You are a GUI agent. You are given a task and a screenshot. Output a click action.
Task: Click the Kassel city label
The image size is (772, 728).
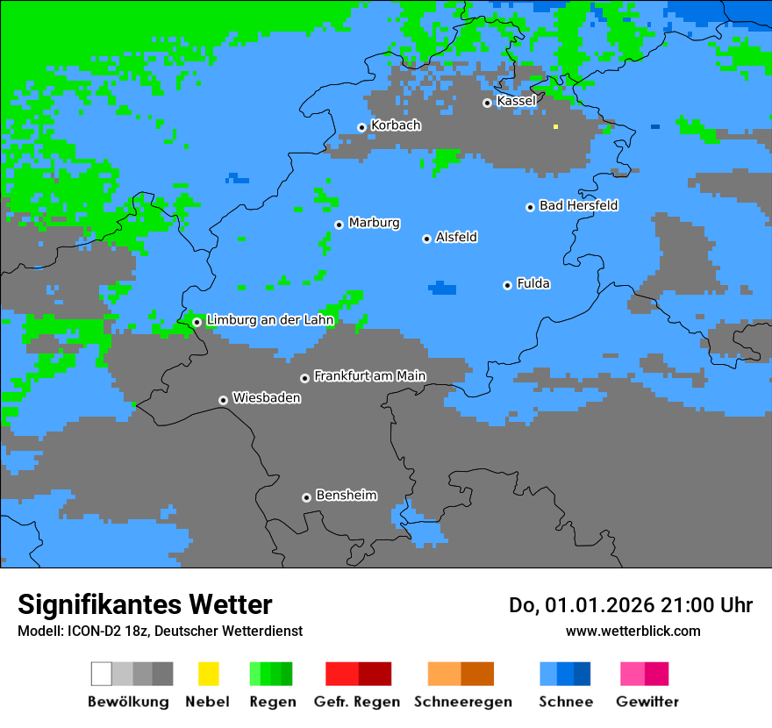click(516, 101)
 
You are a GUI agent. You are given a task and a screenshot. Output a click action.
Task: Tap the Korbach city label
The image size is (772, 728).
click(396, 125)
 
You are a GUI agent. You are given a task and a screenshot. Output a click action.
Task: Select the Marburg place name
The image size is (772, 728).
click(374, 223)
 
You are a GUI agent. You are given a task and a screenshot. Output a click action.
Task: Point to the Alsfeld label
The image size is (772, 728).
click(456, 237)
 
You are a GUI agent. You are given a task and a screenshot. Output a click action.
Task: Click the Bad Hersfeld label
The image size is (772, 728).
click(578, 205)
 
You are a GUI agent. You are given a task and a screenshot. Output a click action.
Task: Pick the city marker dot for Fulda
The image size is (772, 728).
click(507, 285)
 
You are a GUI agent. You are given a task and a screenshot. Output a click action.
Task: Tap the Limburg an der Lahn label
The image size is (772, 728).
click(269, 320)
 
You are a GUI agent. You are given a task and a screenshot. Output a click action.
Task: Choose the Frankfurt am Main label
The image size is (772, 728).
click(369, 375)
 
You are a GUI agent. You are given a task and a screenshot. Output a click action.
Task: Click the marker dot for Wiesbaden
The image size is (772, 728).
click(223, 400)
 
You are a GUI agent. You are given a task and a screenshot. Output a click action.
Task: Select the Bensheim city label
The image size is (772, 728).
click(346, 496)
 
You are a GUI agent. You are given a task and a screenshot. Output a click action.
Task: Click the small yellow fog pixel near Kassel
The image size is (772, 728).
click(555, 127)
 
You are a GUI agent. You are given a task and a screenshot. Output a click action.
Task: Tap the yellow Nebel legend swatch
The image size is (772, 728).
click(208, 674)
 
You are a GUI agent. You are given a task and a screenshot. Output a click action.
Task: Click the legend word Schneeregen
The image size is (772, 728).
click(463, 702)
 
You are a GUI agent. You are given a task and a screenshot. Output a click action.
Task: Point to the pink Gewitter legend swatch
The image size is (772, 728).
click(633, 674)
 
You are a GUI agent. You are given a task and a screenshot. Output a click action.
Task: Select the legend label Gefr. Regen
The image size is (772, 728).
click(357, 702)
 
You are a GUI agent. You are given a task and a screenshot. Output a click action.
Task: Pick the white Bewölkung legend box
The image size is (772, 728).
click(102, 674)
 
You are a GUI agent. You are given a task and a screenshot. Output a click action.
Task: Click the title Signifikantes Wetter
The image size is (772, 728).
click(145, 604)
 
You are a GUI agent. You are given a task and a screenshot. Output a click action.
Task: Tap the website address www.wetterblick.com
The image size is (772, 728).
click(633, 631)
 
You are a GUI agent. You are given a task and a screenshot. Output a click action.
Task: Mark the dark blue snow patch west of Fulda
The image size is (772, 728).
click(443, 288)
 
